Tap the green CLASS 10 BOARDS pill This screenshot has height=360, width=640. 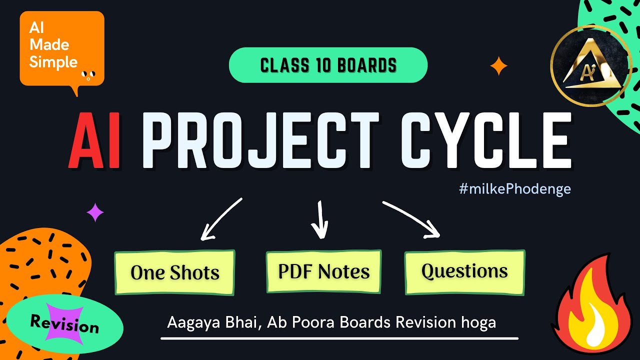click(328, 65)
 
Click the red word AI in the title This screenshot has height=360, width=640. click(94, 140)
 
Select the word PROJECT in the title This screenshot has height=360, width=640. click(260, 140)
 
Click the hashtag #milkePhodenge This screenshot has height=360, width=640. click(515, 189)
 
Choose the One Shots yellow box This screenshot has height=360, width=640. click(175, 272)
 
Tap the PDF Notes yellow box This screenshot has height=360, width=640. click(323, 271)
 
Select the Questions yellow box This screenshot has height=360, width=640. click(465, 272)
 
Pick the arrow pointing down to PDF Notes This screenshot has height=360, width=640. click(320, 220)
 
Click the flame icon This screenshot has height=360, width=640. click(593, 304)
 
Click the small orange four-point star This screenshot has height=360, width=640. click(498, 66)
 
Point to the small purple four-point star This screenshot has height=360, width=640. click(95, 212)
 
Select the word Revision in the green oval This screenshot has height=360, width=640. click(64, 324)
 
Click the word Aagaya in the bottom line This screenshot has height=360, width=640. click(193, 323)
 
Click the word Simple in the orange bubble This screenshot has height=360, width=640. click(53, 62)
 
